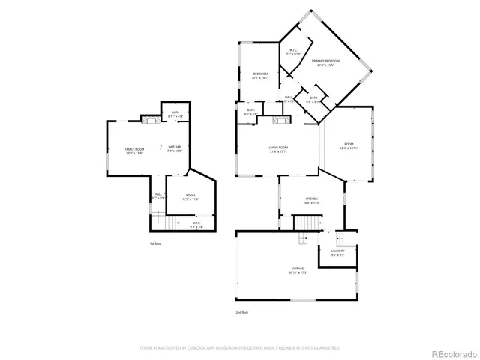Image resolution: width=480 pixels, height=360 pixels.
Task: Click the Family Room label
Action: coord(133,150)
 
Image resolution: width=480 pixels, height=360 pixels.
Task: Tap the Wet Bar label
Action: coord(173,147)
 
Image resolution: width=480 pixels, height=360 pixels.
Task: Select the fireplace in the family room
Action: coord(148,119)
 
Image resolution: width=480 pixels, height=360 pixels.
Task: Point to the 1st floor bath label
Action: coord(174,114)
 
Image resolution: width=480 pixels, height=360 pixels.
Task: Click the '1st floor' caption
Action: coord(156,244)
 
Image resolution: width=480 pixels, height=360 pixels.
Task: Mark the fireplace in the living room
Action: coord(280,118)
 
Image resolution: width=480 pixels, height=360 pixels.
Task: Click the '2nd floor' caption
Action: coord(241,311)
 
